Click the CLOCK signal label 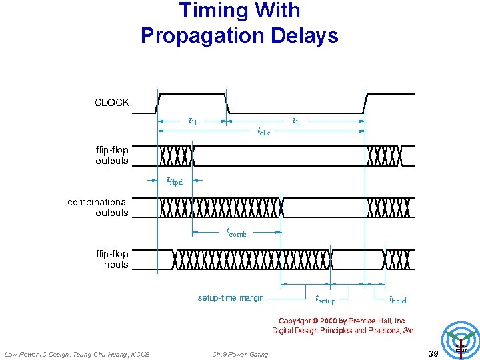[x=112, y=103]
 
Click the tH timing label [x=193, y=121]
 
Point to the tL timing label [x=296, y=121]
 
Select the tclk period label [x=263, y=131]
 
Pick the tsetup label [x=325, y=299]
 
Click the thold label [x=398, y=299]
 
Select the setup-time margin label [x=231, y=297]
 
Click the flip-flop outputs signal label [x=112, y=155]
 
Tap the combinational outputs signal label [x=98, y=207]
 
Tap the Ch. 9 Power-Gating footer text [x=240, y=354]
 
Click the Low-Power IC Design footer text [x=77, y=354]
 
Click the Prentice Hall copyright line [x=343, y=321]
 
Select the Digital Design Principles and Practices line [x=343, y=330]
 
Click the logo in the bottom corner [x=461, y=341]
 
